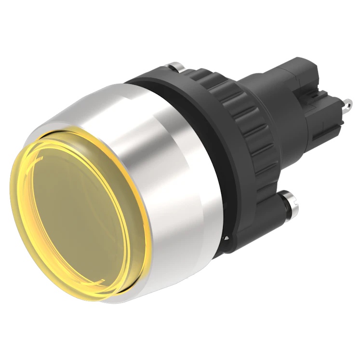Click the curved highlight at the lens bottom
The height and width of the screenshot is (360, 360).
[96, 284]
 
